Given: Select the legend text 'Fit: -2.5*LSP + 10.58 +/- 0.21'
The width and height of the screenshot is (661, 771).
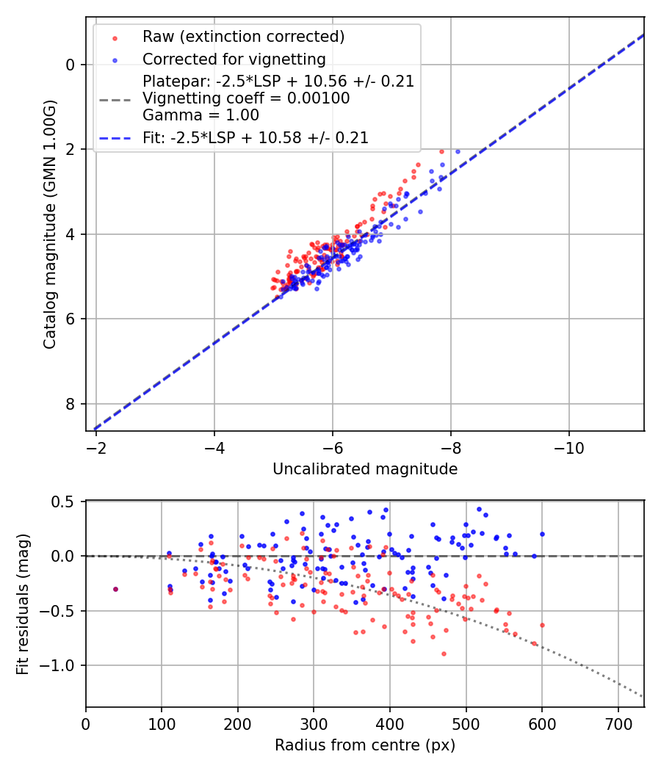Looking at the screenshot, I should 256,137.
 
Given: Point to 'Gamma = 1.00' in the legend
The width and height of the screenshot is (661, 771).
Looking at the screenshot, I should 201,115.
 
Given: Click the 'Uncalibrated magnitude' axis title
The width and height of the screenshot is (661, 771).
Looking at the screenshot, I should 365,469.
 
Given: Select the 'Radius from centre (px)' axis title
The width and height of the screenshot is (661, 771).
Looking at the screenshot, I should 365,745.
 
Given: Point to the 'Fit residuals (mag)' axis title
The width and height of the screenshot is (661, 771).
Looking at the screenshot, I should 23,604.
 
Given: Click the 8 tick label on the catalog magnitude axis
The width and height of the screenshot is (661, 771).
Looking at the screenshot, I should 71,404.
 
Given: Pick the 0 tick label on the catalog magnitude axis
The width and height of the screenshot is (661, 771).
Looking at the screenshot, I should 71,65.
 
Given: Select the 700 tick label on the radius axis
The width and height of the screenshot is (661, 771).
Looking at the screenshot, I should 618,723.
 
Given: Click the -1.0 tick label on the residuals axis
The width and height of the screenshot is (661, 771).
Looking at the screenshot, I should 62,665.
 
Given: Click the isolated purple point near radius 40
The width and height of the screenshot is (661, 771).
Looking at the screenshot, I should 115,589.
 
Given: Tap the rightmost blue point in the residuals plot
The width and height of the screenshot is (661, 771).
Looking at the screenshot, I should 542,534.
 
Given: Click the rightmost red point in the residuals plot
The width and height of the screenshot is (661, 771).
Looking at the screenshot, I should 542,625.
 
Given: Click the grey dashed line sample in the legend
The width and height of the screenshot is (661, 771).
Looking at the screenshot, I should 115,98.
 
